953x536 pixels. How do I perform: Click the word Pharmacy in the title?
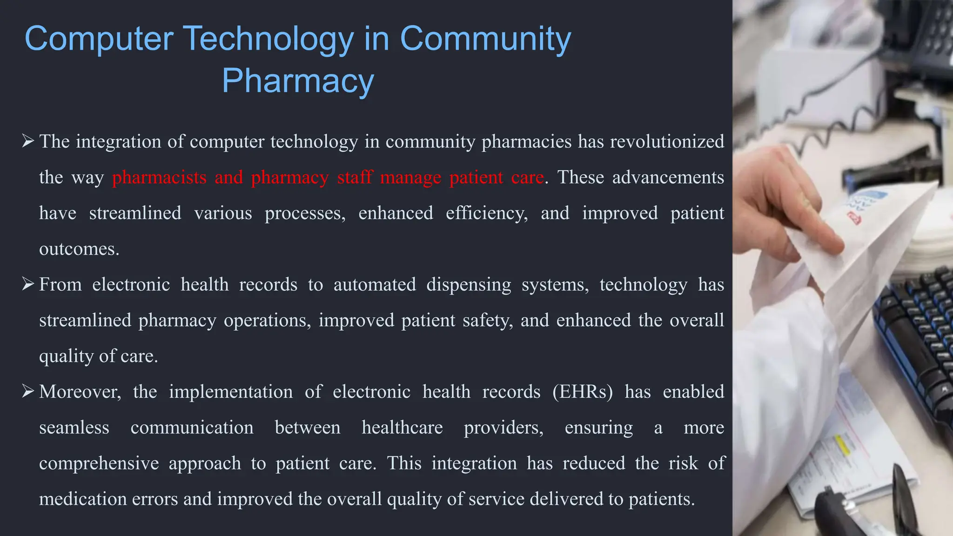[x=298, y=81]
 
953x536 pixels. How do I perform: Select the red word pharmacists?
[x=159, y=177]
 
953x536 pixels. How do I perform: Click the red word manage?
[x=410, y=177]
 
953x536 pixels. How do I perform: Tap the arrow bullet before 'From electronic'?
[x=28, y=284]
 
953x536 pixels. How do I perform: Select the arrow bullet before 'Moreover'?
[x=28, y=391]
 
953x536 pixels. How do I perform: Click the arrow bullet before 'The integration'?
[x=28, y=141]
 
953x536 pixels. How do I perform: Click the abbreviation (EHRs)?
[x=583, y=392]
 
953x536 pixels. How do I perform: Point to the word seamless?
[x=74, y=428]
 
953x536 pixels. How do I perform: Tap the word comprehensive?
[x=99, y=463]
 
